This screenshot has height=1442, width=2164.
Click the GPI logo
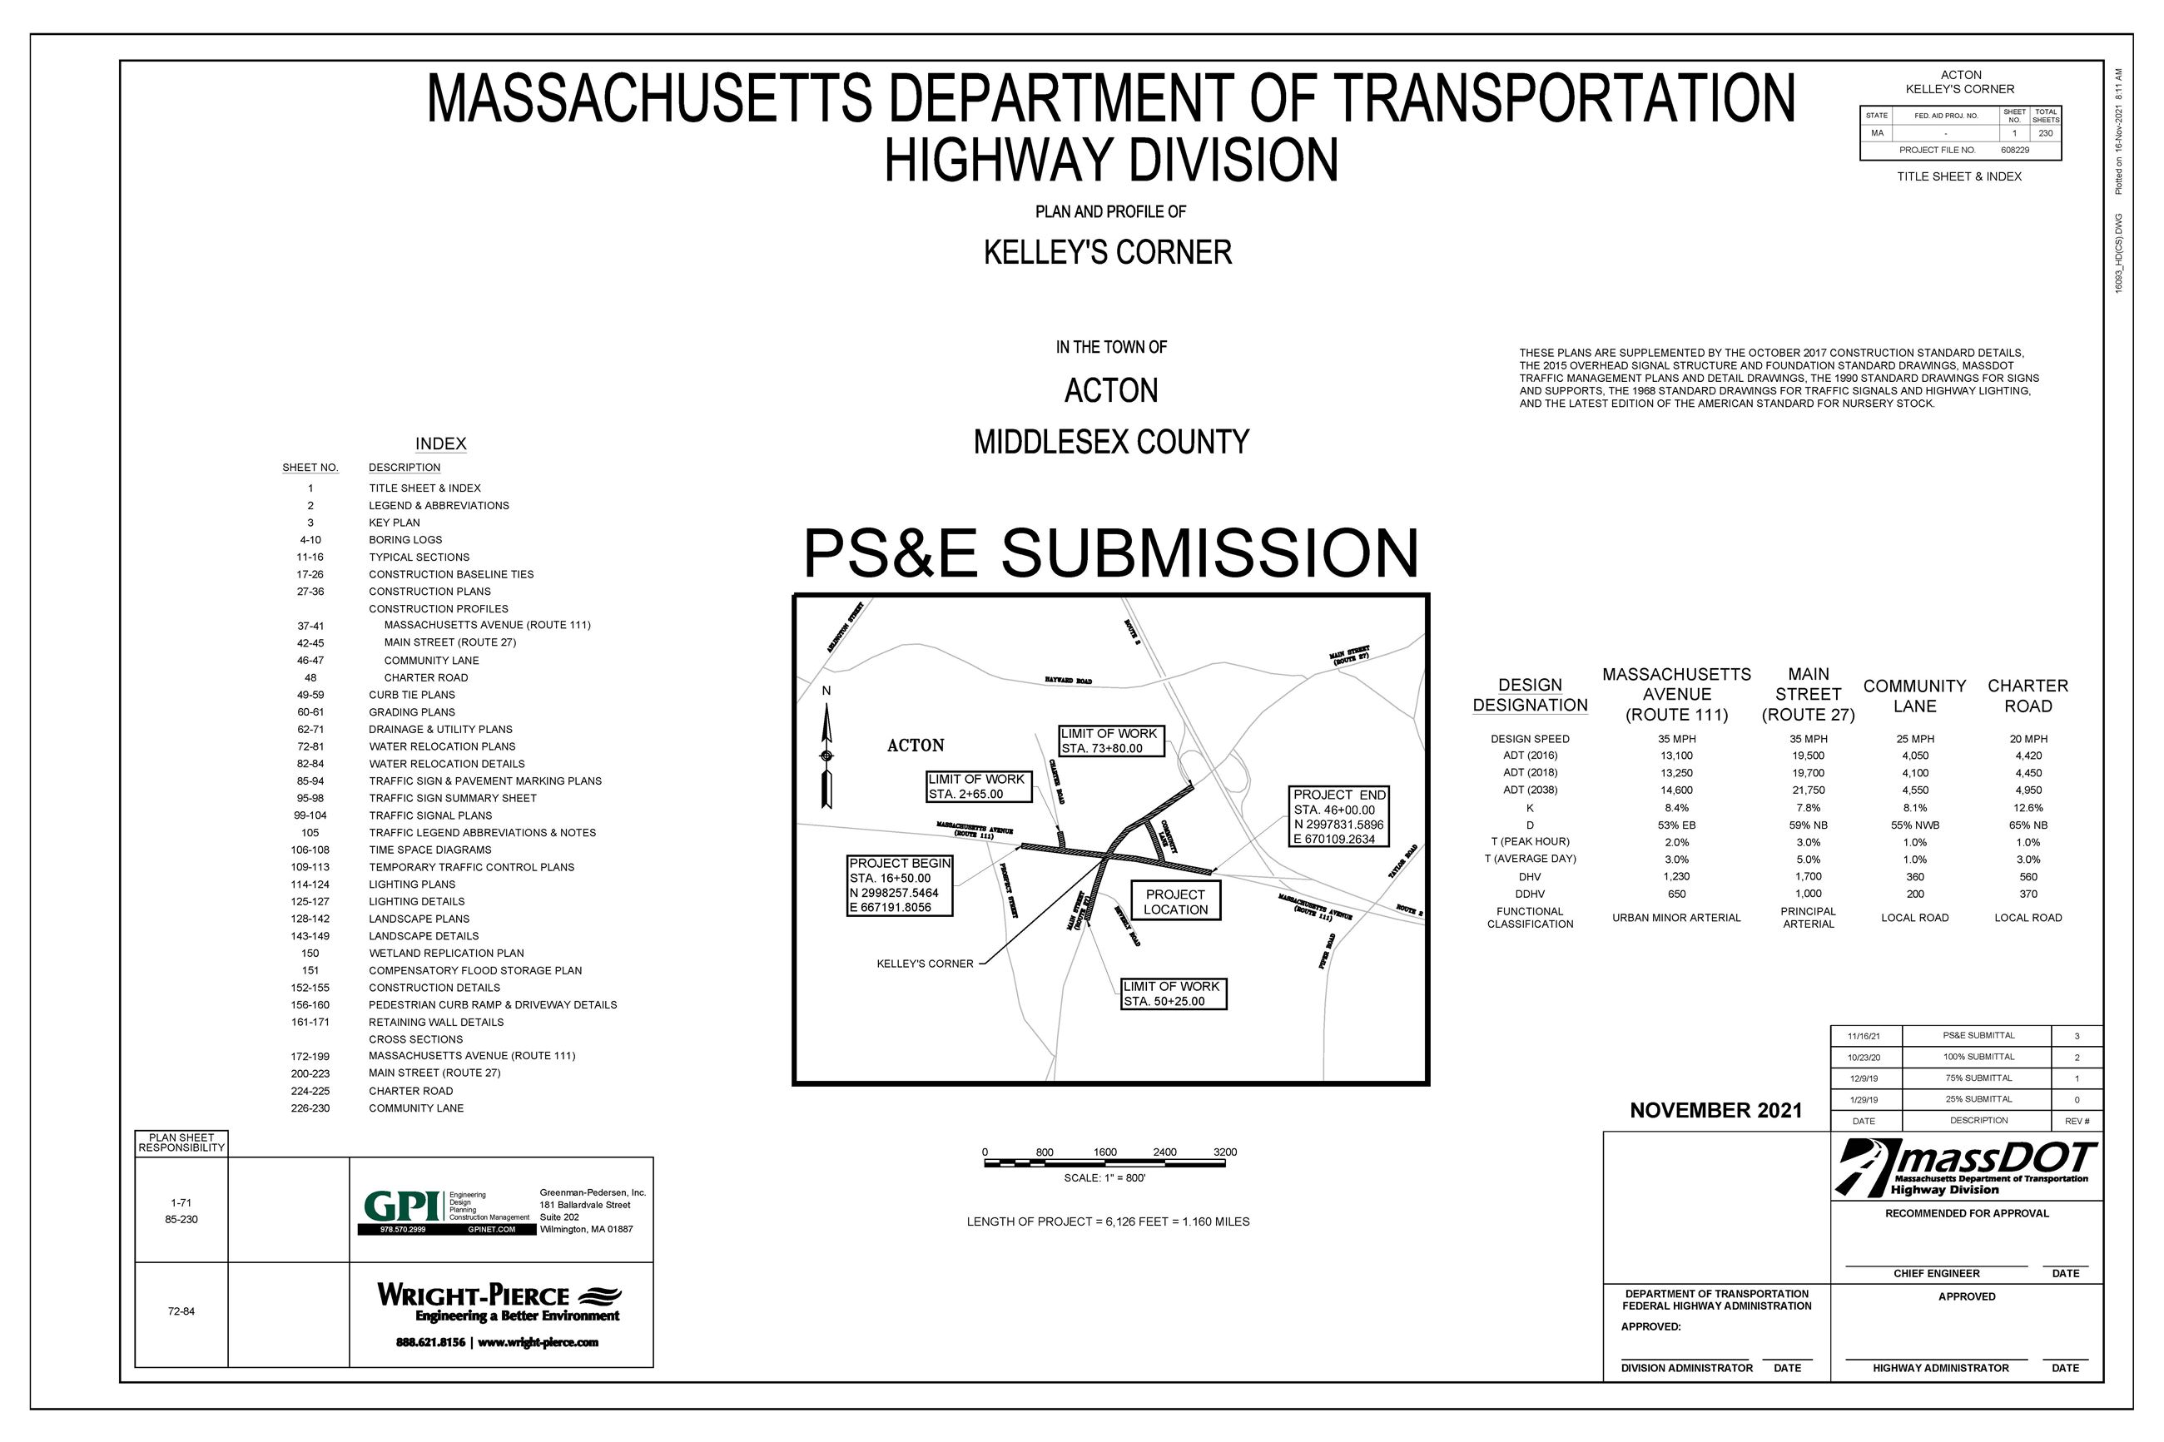click(404, 1206)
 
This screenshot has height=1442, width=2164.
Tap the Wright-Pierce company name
click(474, 1295)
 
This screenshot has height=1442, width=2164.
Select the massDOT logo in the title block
click(1966, 1168)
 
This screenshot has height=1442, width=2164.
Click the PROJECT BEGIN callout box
click(900, 885)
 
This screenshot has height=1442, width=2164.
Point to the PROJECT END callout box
click(1338, 816)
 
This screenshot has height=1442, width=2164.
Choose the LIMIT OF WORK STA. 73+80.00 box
click(1110, 741)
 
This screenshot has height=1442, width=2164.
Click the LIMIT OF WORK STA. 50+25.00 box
click(1173, 994)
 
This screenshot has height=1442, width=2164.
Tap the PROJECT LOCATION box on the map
click(1174, 902)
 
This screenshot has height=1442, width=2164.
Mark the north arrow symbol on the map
click(826, 754)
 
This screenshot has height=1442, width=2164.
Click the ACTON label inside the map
click(915, 746)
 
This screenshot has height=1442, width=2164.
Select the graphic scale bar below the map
click(1104, 1163)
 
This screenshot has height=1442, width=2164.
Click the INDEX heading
click(440, 444)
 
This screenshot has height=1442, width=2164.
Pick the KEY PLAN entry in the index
click(395, 523)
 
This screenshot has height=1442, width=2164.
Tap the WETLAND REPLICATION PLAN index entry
click(446, 954)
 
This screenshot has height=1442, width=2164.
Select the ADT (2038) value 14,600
click(1676, 790)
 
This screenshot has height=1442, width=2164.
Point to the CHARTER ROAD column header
click(2027, 696)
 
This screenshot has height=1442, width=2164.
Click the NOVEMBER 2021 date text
click(1715, 1110)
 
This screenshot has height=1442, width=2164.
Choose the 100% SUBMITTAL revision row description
click(1978, 1057)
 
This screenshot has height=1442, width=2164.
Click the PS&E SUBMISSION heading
click(1110, 553)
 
